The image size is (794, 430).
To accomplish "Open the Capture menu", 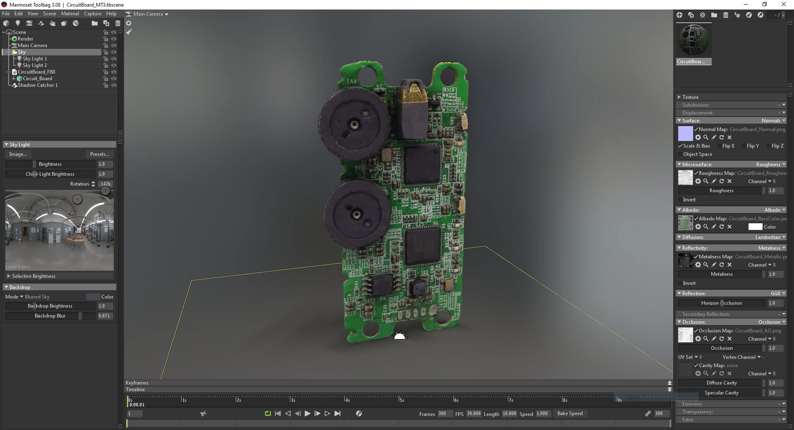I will [92, 14].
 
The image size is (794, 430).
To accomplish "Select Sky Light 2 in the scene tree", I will [34, 65].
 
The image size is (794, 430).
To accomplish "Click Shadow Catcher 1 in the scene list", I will [37, 85].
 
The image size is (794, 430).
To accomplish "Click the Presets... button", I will [99, 154].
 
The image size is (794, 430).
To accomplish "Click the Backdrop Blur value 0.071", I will [105, 316].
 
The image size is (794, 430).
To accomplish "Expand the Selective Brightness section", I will [33, 276].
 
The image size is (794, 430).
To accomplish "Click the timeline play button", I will [307, 413].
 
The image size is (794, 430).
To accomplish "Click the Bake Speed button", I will [569, 413].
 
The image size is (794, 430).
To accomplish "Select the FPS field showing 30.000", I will [474, 413].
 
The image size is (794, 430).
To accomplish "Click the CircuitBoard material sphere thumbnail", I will [694, 40].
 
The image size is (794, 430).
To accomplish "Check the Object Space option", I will [680, 154].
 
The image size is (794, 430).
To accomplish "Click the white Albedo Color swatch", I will [755, 227].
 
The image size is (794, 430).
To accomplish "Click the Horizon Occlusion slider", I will [721, 303].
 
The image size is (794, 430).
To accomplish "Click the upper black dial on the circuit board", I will [354, 124].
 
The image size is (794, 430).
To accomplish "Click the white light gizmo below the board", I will [399, 336].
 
